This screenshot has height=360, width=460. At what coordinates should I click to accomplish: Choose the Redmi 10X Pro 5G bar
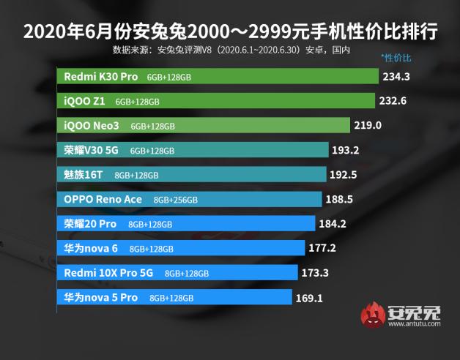point(179,273)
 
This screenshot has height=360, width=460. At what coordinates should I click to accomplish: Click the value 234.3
point(396,76)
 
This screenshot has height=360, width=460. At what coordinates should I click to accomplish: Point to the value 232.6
point(394,101)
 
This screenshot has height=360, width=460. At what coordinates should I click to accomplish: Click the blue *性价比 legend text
point(396,57)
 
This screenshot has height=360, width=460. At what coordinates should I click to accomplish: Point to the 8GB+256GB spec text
point(175,200)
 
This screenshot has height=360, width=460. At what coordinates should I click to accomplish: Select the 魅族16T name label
point(85,175)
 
